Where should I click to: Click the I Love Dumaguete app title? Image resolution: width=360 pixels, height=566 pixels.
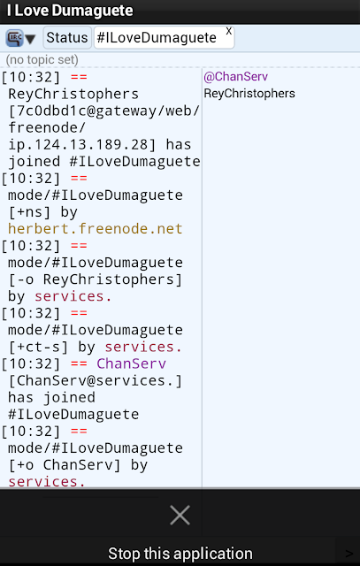point(70,11)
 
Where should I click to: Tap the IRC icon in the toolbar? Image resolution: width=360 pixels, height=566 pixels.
point(14,37)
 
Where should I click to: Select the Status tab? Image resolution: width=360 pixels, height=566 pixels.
point(67,37)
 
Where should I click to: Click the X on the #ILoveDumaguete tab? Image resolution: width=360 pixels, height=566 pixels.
point(228,32)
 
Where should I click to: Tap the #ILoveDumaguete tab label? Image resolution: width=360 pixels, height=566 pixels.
point(157,38)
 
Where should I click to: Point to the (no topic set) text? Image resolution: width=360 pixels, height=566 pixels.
point(42,59)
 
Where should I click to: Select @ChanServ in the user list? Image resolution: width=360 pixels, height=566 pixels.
point(236,77)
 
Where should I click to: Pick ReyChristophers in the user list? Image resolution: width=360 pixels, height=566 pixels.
point(249,94)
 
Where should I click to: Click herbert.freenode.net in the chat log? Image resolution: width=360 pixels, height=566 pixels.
point(96,229)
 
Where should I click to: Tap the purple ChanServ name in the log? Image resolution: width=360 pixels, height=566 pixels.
point(132,363)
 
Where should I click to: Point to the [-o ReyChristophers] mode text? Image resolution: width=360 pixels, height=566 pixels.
point(96,279)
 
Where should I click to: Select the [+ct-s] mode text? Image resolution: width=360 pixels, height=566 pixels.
point(39,347)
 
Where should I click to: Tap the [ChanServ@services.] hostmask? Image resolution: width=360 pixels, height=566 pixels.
point(96,380)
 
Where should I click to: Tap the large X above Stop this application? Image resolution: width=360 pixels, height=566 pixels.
point(180,515)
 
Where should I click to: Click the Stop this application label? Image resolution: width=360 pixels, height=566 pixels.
point(180,554)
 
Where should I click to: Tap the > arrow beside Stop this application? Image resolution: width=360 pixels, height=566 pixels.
point(349,554)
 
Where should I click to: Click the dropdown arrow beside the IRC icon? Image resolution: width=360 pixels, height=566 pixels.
point(30,39)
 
